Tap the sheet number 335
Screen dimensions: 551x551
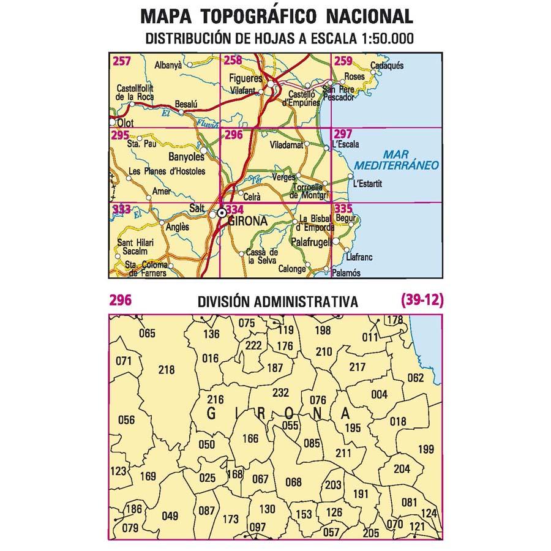343,209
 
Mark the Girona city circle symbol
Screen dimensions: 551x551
221,214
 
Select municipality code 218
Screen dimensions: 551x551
166,370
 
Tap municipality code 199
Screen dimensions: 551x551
425,450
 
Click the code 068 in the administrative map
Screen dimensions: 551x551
293,482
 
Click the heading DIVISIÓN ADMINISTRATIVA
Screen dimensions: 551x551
277,302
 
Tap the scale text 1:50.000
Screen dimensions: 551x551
380,39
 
